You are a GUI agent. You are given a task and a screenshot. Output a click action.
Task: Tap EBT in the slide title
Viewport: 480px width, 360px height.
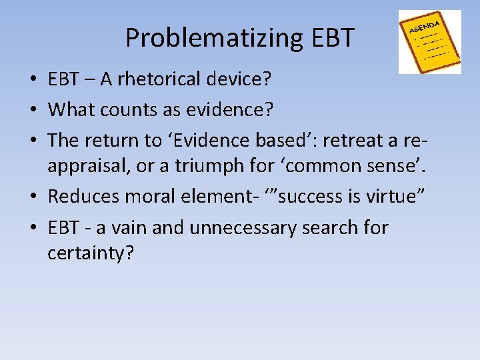pos(332,38)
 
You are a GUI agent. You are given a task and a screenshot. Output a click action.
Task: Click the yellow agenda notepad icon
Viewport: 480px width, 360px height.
pos(429,41)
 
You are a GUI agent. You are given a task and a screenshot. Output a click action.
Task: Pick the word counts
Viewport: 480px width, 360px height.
pos(131,109)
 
